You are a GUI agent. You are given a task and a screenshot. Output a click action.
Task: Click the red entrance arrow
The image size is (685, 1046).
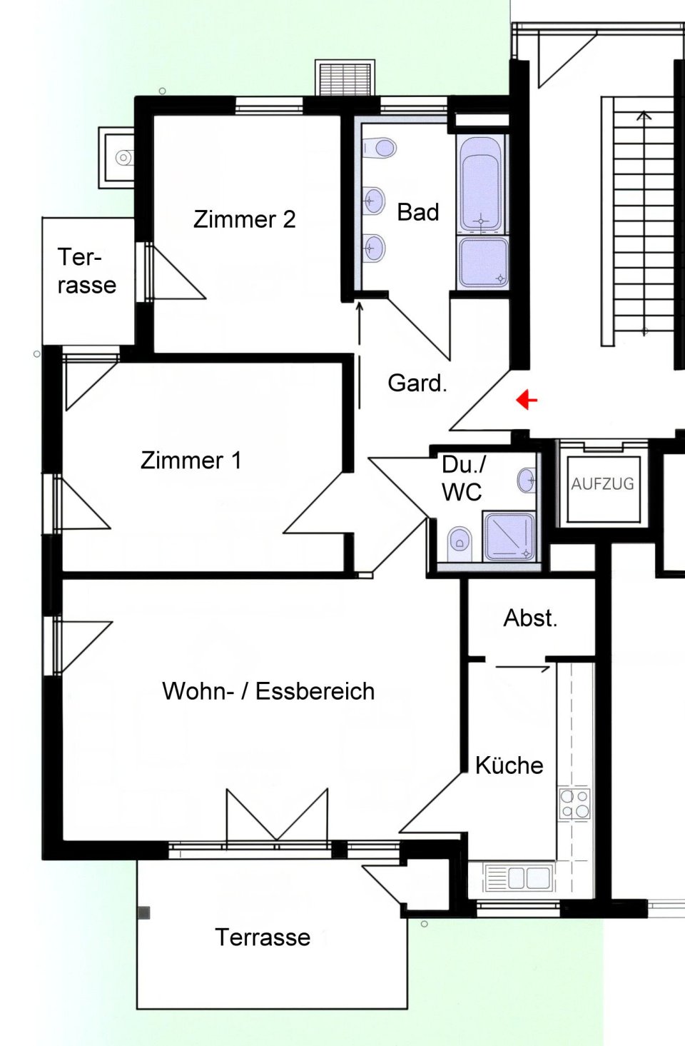pos(527,400)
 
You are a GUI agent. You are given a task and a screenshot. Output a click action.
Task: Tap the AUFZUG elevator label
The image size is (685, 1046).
pos(602,484)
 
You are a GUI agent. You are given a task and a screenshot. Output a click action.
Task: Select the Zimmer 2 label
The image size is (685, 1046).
pos(245,219)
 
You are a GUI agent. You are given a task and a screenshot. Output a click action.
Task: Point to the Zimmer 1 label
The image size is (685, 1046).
pos(191,461)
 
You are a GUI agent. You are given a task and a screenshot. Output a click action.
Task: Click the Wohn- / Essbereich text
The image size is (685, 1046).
pos(268,691)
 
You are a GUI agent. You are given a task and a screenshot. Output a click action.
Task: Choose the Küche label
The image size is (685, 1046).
pos(509,765)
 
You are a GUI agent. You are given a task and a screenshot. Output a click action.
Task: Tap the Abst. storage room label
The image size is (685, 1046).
pos(530,618)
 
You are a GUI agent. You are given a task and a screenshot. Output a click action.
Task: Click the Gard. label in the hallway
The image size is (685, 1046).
pos(417,383)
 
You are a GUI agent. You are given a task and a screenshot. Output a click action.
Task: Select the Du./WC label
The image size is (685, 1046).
pos(463,478)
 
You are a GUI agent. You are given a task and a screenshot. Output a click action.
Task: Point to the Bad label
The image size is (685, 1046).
pos(418,213)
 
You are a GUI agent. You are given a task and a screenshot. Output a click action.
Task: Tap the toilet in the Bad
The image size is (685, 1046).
pos(379,148)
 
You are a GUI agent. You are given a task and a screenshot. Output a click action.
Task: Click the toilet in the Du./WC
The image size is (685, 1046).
pos(460,544)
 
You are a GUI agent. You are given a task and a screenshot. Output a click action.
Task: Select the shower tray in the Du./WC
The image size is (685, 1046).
pos(509,535)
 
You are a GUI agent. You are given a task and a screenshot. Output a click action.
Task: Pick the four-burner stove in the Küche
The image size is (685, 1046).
pos(574,804)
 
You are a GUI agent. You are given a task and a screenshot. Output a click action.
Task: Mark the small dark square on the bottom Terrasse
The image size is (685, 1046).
pos(145,913)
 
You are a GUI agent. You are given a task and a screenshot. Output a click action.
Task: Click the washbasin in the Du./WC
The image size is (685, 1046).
pos(527,480)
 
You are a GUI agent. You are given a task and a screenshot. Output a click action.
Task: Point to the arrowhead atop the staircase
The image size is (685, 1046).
pos(644,115)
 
